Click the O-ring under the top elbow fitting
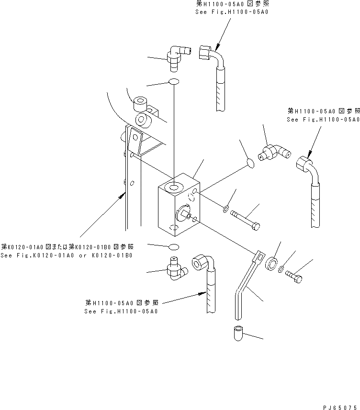click(x=174, y=82)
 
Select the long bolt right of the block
click(x=246, y=220)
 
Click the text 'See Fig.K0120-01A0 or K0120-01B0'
click(x=67, y=255)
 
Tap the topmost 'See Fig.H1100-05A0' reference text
click(x=231, y=11)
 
